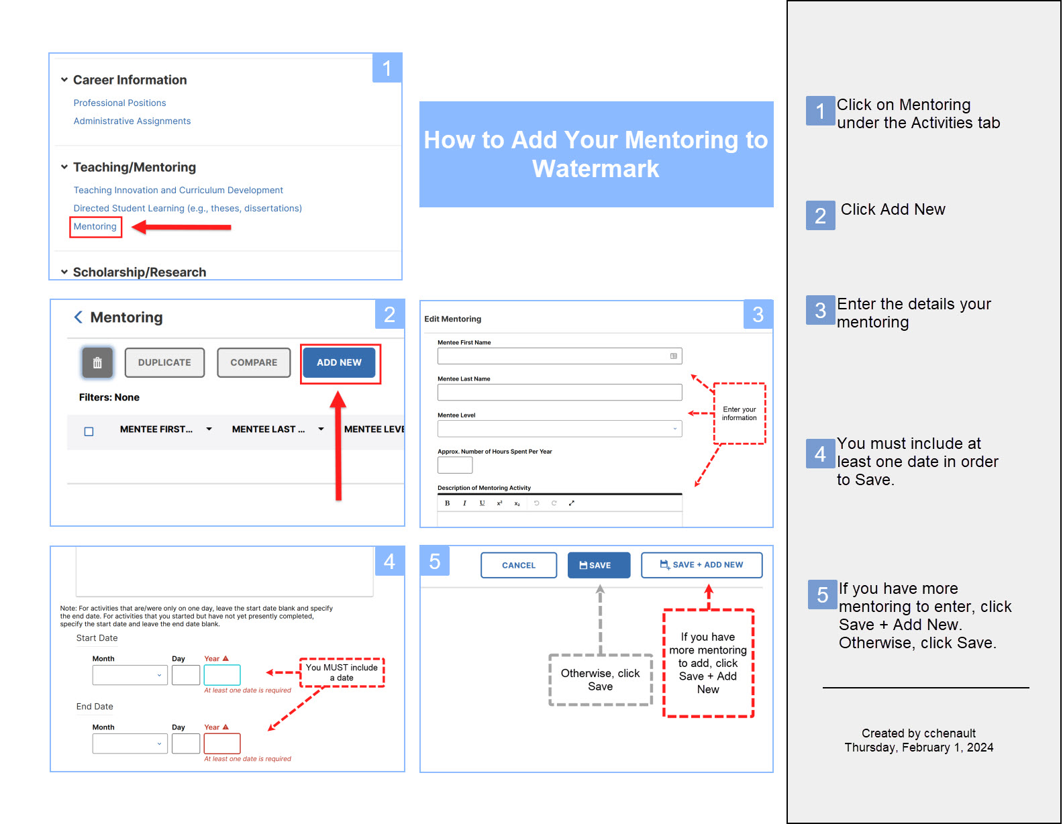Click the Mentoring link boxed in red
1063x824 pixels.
tap(95, 226)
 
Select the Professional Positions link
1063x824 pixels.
tap(119, 103)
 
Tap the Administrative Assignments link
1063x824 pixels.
tap(132, 121)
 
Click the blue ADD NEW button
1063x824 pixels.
tap(339, 362)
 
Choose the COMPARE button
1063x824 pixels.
tap(254, 362)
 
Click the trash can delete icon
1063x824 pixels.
tap(97, 362)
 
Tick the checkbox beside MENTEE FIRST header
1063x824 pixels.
tap(89, 431)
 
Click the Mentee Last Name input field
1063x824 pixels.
tap(560, 392)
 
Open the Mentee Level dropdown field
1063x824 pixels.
tap(560, 428)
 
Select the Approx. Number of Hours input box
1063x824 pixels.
tap(455, 465)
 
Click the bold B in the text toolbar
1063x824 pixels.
tap(447, 503)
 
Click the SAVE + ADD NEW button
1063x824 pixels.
tap(701, 565)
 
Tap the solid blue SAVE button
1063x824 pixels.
tap(599, 565)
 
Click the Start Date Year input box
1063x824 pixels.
tap(222, 675)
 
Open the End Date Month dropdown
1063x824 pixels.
tap(130, 743)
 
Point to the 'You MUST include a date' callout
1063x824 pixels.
tap(342, 672)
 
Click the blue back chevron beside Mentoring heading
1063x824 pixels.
tap(78, 317)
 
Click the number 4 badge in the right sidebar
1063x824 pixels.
tap(820, 454)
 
